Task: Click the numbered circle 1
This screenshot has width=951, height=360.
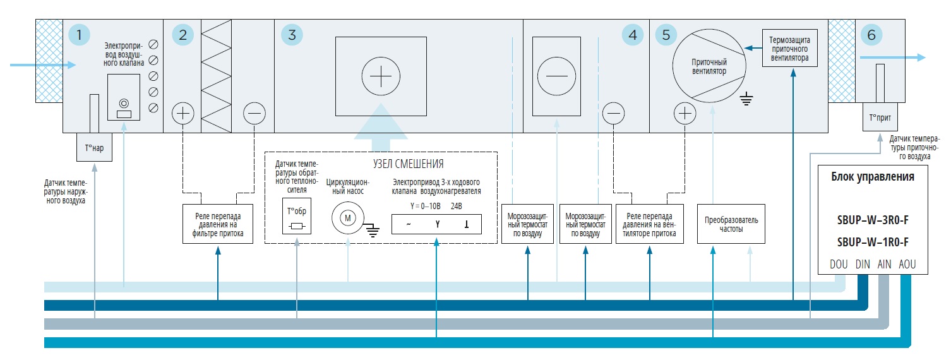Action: (x=78, y=35)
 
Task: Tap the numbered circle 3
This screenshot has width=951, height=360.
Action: (x=291, y=35)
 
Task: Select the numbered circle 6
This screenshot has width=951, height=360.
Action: (x=871, y=35)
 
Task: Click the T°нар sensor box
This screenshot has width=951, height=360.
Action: (x=94, y=147)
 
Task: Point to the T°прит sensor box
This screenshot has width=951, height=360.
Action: (x=880, y=118)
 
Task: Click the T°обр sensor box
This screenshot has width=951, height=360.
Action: (x=296, y=217)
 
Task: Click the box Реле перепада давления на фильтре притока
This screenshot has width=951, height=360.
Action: (x=217, y=224)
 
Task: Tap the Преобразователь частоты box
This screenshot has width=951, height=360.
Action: (x=731, y=224)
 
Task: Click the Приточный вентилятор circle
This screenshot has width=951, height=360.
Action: (x=709, y=67)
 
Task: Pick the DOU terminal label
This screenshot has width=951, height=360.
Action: (x=839, y=265)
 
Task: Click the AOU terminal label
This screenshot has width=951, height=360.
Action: (x=906, y=265)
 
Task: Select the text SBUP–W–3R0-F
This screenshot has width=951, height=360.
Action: (x=872, y=220)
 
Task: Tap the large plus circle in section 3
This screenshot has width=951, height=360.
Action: (x=381, y=78)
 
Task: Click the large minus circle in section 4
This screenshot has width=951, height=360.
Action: (x=556, y=76)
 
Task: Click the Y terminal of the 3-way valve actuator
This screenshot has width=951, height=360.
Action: (x=436, y=225)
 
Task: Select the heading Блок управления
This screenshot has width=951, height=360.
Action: (x=872, y=177)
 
